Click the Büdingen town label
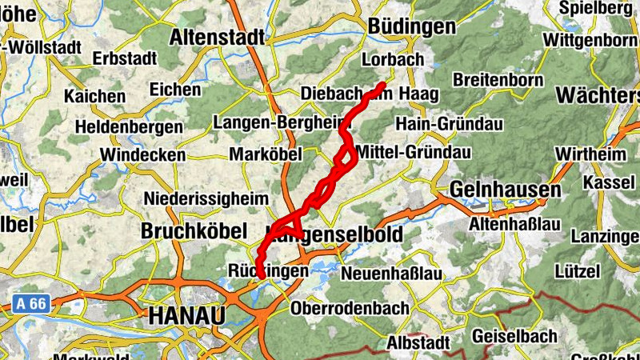(411, 26)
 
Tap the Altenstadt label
(217, 37)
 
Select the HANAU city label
(186, 315)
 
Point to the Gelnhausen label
(505, 190)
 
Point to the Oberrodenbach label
(350, 308)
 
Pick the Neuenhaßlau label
(392, 274)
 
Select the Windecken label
(142, 154)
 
